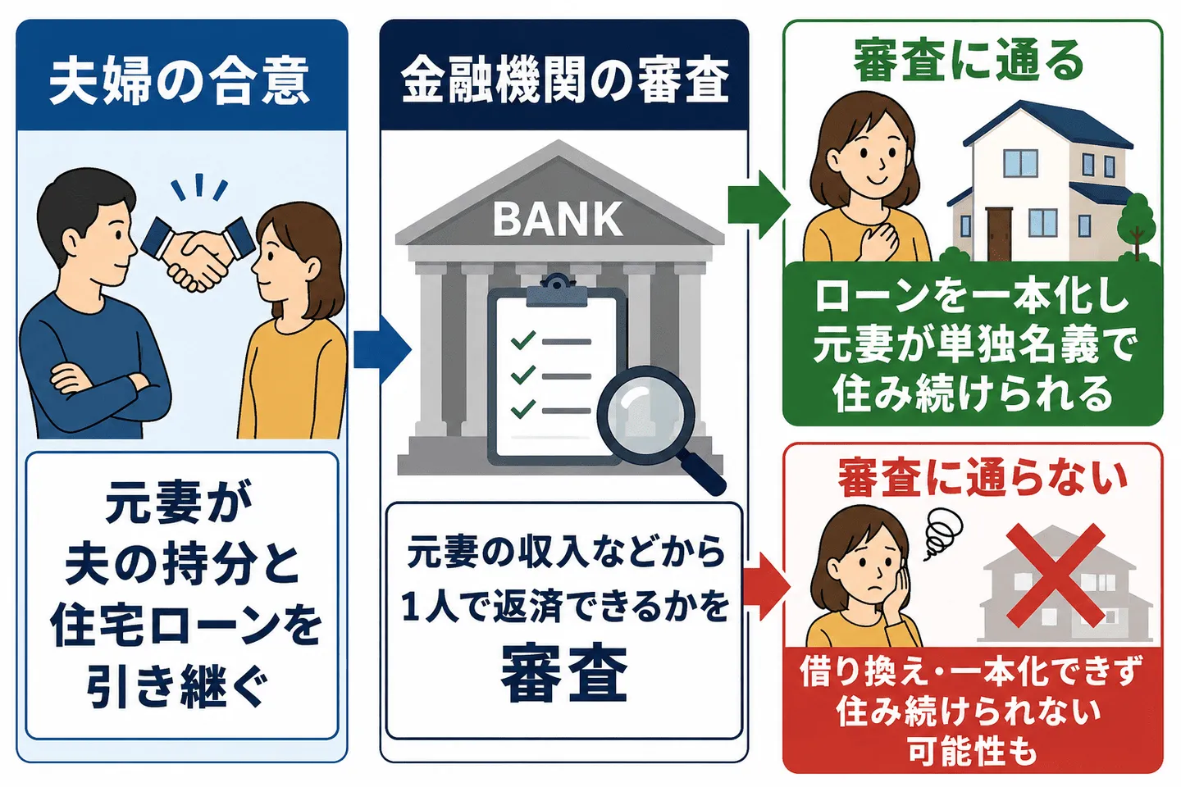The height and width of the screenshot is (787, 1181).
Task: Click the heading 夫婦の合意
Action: point(180,84)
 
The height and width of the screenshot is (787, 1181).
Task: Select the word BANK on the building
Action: point(558,219)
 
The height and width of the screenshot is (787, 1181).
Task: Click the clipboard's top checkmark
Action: point(523,340)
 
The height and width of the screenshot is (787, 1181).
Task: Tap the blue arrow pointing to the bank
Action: point(382,349)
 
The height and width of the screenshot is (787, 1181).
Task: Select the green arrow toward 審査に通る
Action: point(759,204)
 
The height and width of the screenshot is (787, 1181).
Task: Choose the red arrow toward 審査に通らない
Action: point(767,587)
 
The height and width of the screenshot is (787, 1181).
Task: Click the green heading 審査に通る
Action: point(969,62)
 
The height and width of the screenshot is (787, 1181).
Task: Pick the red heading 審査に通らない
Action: point(983,479)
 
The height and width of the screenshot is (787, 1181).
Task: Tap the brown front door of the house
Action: point(999,234)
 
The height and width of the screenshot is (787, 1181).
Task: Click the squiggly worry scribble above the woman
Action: point(944,532)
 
